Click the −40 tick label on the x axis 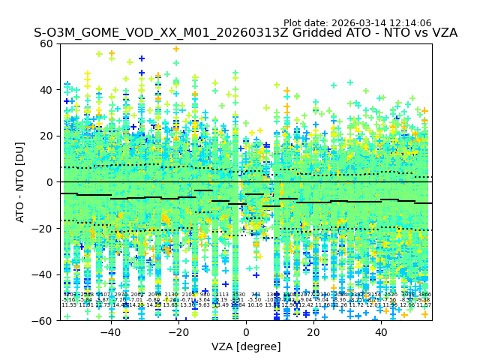click(110, 331)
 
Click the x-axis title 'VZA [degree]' click(246, 346)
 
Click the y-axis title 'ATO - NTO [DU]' click(21, 182)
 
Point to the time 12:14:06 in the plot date click(408, 23)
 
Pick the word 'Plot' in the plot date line click(294, 23)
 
